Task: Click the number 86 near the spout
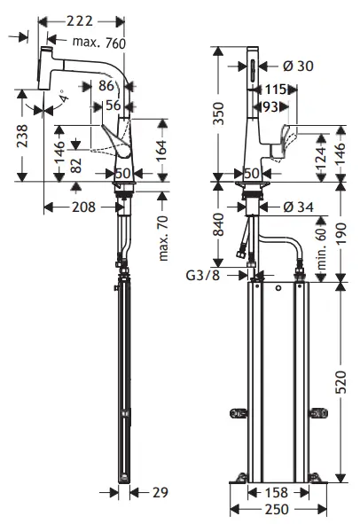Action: click(107, 86)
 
